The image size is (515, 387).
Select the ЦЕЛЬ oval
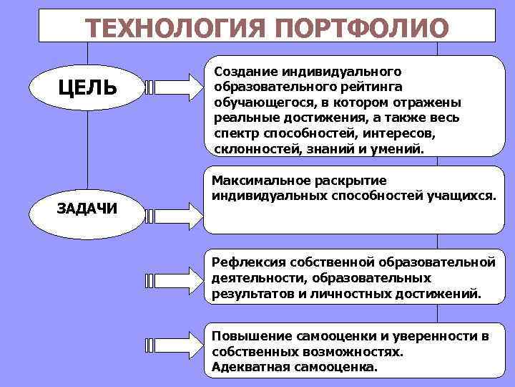[88, 87]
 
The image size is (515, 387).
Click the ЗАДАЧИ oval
[88, 208]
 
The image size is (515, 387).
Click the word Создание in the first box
[242, 72]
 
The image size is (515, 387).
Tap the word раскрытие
[345, 180]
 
